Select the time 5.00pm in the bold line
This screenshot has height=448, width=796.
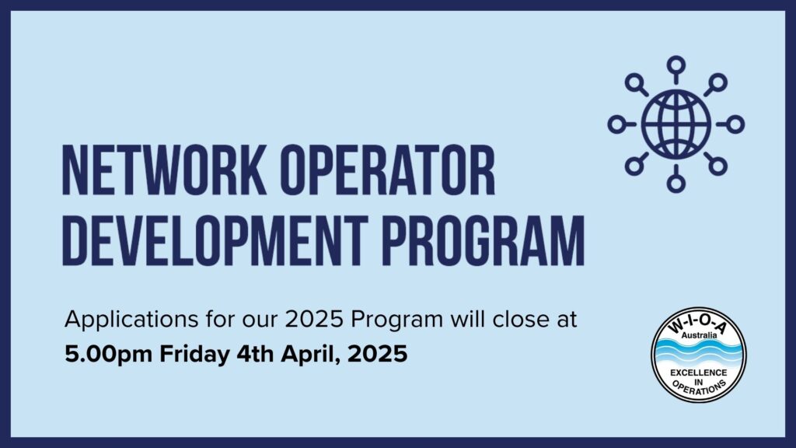[109, 355]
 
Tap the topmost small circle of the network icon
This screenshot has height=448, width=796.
[676, 64]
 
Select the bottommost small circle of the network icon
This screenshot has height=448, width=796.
[676, 184]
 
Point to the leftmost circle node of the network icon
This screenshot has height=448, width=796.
[616, 124]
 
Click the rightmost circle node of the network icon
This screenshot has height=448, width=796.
[735, 124]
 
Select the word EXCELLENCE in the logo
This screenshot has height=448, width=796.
[698, 373]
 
